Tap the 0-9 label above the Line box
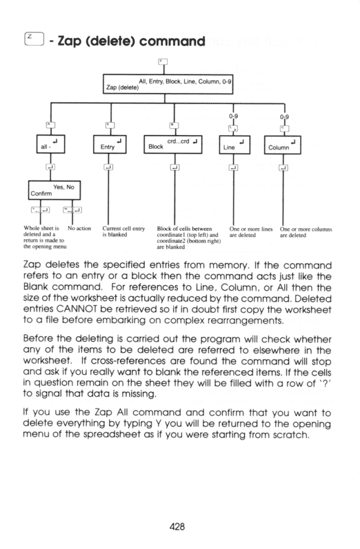pyautogui.click(x=234, y=117)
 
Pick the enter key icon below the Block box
pyautogui.click(x=174, y=167)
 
